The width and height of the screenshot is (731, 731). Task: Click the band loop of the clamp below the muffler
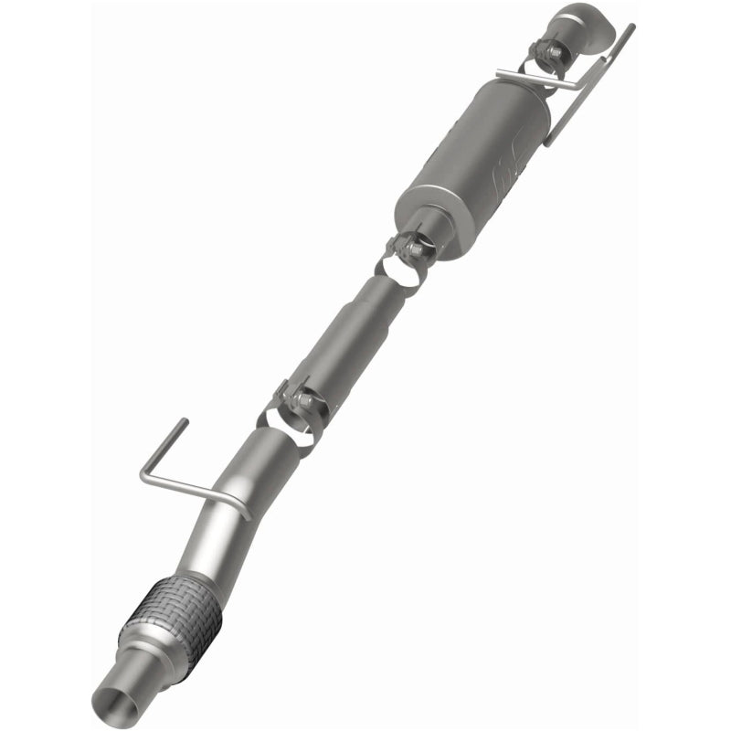click(x=403, y=270)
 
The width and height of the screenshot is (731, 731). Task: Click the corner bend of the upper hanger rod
click(x=581, y=88)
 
